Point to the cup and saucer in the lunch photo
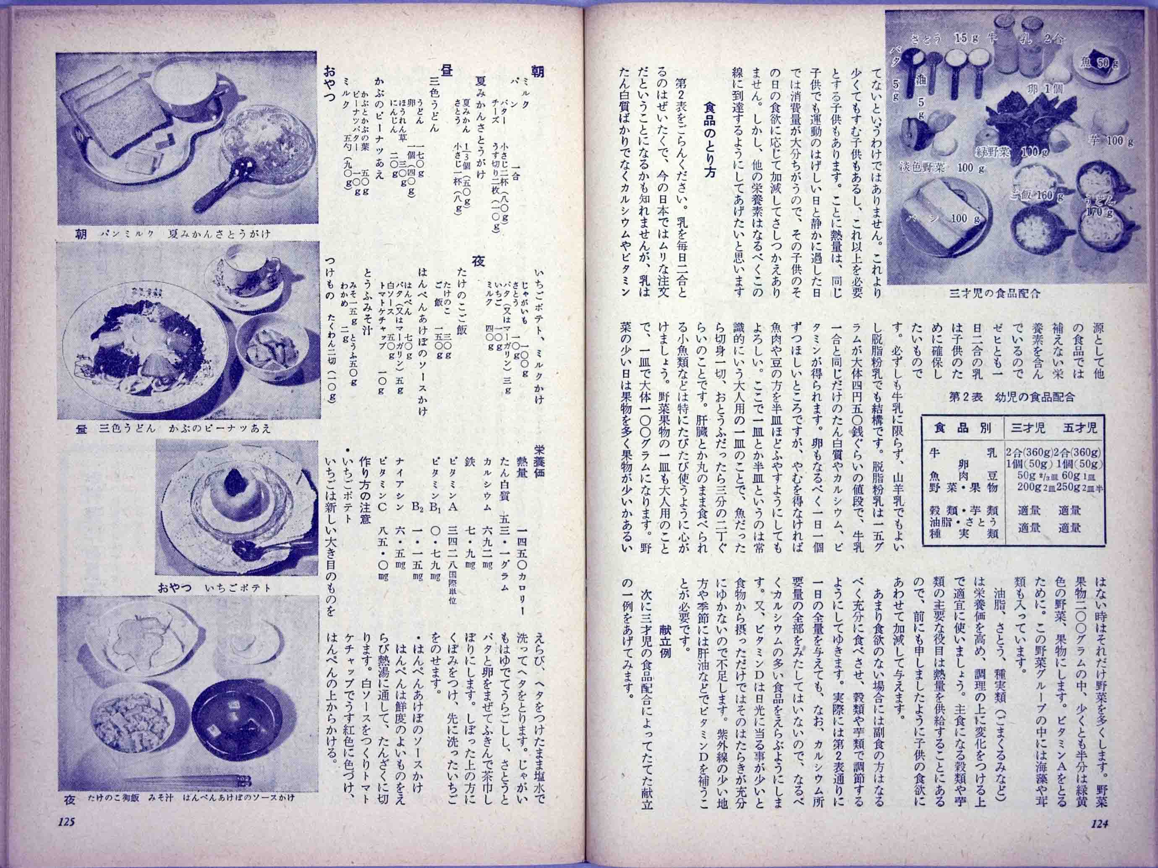[246, 277]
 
